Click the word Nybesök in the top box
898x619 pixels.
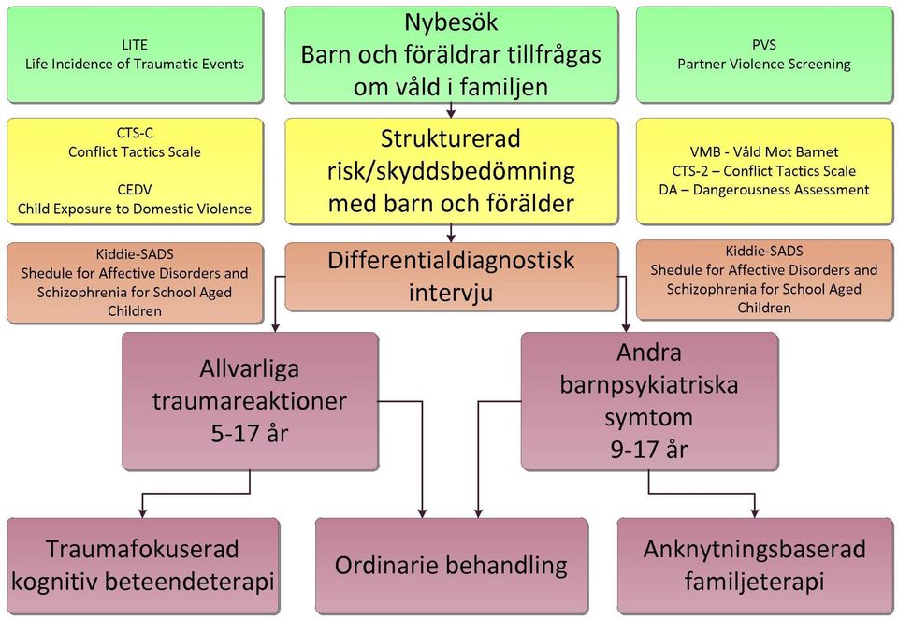pos(451,22)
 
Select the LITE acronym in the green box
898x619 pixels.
pos(135,45)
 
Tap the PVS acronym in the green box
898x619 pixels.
pos(764,45)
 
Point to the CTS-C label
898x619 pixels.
pos(135,133)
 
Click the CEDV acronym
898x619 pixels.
pos(135,190)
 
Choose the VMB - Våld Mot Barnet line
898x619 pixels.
pos(764,151)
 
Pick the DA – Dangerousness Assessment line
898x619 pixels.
pos(764,190)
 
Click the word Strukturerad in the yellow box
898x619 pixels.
pos(451,138)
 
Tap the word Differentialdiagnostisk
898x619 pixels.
pos(451,261)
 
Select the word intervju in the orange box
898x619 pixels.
pos(451,293)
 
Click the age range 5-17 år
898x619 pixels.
pos(250,434)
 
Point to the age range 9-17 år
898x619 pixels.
pos(649,450)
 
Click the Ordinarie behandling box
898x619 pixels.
pos(451,566)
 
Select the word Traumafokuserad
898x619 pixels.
pos(142,549)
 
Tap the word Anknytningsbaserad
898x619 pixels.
pos(754,549)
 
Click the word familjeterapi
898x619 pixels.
pos(754,582)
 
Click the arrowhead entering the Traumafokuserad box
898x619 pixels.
pos(142,513)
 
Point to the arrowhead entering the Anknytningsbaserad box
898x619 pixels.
pos(755,513)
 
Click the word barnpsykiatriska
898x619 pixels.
pos(649,385)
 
